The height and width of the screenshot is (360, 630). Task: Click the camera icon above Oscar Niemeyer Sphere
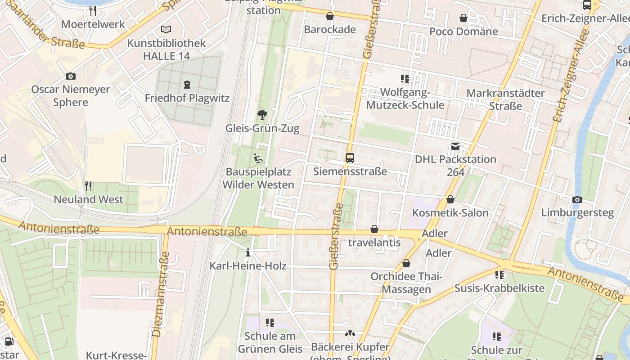pyautogui.click(x=70, y=76)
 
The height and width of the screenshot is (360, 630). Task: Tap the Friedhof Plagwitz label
pyautogui.click(x=187, y=98)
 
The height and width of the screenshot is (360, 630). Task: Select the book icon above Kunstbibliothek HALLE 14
pyautogui.click(x=166, y=30)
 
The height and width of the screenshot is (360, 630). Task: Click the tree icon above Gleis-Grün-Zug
pyautogui.click(x=262, y=115)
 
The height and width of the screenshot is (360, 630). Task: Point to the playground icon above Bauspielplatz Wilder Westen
pyautogui.click(x=258, y=158)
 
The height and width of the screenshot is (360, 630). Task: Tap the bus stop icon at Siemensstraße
pyautogui.click(x=350, y=158)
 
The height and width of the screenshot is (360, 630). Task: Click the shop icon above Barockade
pyautogui.click(x=330, y=17)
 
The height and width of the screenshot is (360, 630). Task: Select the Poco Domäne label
pyautogui.click(x=463, y=31)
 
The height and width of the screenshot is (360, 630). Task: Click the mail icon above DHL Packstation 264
pyautogui.click(x=455, y=146)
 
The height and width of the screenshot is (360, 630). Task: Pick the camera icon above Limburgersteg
pyautogui.click(x=577, y=199)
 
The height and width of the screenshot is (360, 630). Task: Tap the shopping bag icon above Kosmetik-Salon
pyautogui.click(x=450, y=199)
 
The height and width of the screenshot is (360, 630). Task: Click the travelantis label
pyautogui.click(x=374, y=243)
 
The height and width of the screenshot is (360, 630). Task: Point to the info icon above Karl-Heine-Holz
pyautogui.click(x=247, y=253)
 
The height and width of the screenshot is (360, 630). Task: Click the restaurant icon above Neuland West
pyautogui.click(x=88, y=186)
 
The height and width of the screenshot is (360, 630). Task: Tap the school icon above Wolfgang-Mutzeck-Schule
pyautogui.click(x=405, y=79)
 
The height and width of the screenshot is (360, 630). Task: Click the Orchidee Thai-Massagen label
pyautogui.click(x=406, y=283)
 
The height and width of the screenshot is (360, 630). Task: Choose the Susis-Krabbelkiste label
pyautogui.click(x=499, y=288)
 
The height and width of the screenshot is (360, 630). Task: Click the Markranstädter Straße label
pyautogui.click(x=505, y=99)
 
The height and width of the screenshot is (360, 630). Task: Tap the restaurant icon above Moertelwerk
pyautogui.click(x=93, y=10)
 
